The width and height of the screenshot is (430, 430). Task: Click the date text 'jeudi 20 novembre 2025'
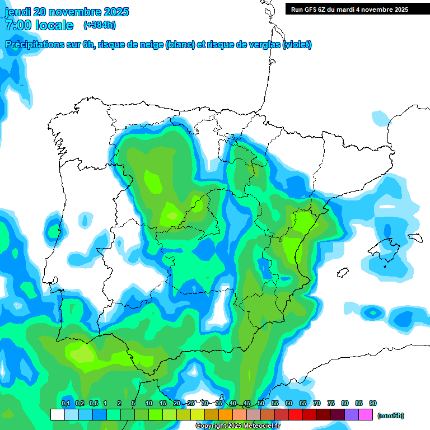click(67, 12)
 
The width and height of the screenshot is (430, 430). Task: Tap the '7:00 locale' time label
click(39, 25)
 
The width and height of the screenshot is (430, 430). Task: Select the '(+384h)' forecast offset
click(99, 25)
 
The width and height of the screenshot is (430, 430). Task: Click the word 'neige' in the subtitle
click(150, 45)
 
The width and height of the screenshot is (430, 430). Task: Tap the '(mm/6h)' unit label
click(391, 415)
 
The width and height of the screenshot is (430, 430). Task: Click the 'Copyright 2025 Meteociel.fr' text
click(237, 426)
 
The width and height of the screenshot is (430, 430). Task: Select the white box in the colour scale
click(57, 415)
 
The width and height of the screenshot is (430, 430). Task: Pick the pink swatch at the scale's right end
click(366, 415)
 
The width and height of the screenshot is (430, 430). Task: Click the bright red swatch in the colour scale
click(296, 415)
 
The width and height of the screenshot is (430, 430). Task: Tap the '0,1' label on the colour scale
click(65, 404)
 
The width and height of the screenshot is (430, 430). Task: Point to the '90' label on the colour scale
click(373, 404)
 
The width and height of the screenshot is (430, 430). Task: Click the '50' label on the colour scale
click(261, 404)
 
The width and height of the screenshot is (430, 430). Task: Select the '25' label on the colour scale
click(191, 404)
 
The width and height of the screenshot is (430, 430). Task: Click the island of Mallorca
click(384, 246)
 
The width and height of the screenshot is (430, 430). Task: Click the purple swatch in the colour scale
click(352, 415)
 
